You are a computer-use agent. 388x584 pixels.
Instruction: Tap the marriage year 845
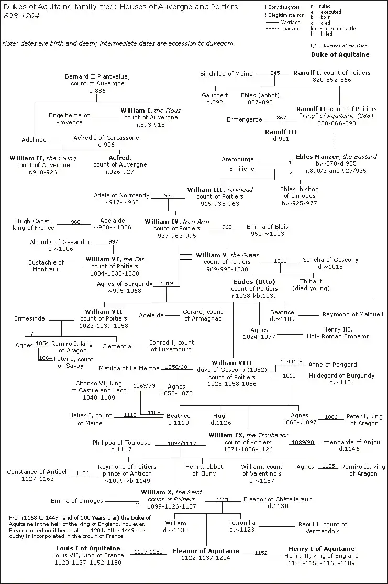pos(275,73)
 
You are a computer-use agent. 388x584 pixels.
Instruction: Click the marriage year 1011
pos(280,260)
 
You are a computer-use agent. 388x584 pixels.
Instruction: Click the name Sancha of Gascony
pos(330,260)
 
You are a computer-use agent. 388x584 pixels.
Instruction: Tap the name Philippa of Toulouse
pos(121,443)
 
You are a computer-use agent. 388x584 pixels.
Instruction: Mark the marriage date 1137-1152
pos(149,552)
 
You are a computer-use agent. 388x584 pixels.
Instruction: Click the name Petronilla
pos(241,523)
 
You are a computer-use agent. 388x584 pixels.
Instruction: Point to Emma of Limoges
pos(77,501)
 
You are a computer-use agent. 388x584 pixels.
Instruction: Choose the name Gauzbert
pos(215,95)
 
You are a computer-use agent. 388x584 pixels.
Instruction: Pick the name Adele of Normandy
pos(121,195)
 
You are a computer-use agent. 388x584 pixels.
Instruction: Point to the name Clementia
pos(117,346)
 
